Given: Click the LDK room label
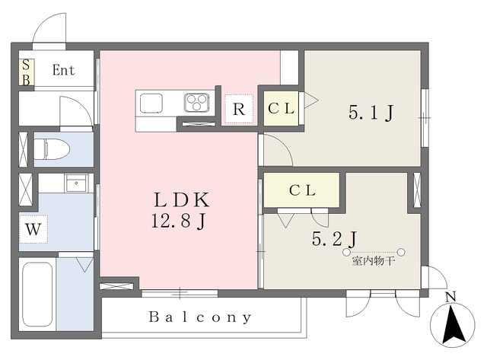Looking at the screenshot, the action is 182,199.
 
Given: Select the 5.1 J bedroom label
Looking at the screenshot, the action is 371,113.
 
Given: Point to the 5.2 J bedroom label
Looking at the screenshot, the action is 334,239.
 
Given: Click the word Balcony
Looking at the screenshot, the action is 200,317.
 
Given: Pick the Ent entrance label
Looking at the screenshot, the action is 64,70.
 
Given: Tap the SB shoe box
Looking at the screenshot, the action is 27,72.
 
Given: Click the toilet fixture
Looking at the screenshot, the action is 52,149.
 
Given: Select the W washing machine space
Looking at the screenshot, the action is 33,229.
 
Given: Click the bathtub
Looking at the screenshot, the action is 37,295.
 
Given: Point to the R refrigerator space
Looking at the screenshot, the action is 238,109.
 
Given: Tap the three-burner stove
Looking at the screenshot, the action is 196,102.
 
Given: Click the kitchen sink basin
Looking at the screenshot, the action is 151,103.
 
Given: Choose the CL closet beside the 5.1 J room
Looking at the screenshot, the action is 281,108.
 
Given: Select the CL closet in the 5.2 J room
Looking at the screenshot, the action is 301,190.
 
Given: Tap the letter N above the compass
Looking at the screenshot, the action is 450,297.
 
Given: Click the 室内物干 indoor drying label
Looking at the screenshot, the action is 374,261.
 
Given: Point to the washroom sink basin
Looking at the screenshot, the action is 76,183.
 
